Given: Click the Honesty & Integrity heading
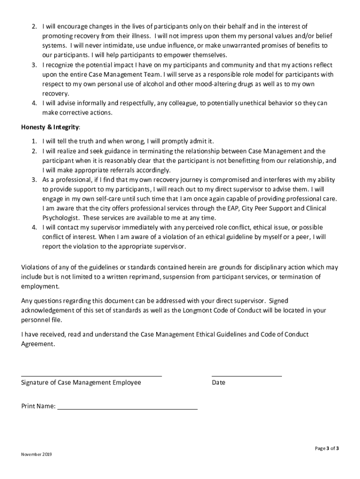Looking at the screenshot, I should [x=50, y=127].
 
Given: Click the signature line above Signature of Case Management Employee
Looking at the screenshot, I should [x=92, y=376].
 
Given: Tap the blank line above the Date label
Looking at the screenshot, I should [x=247, y=376].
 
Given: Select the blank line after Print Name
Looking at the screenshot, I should [x=127, y=409].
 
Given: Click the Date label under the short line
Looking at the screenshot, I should [x=218, y=383].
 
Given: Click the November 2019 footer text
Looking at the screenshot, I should [x=36, y=454].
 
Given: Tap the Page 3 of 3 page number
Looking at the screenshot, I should [x=326, y=448].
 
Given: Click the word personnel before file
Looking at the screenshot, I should [x=36, y=320].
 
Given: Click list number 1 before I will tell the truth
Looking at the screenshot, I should [x=34, y=141].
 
